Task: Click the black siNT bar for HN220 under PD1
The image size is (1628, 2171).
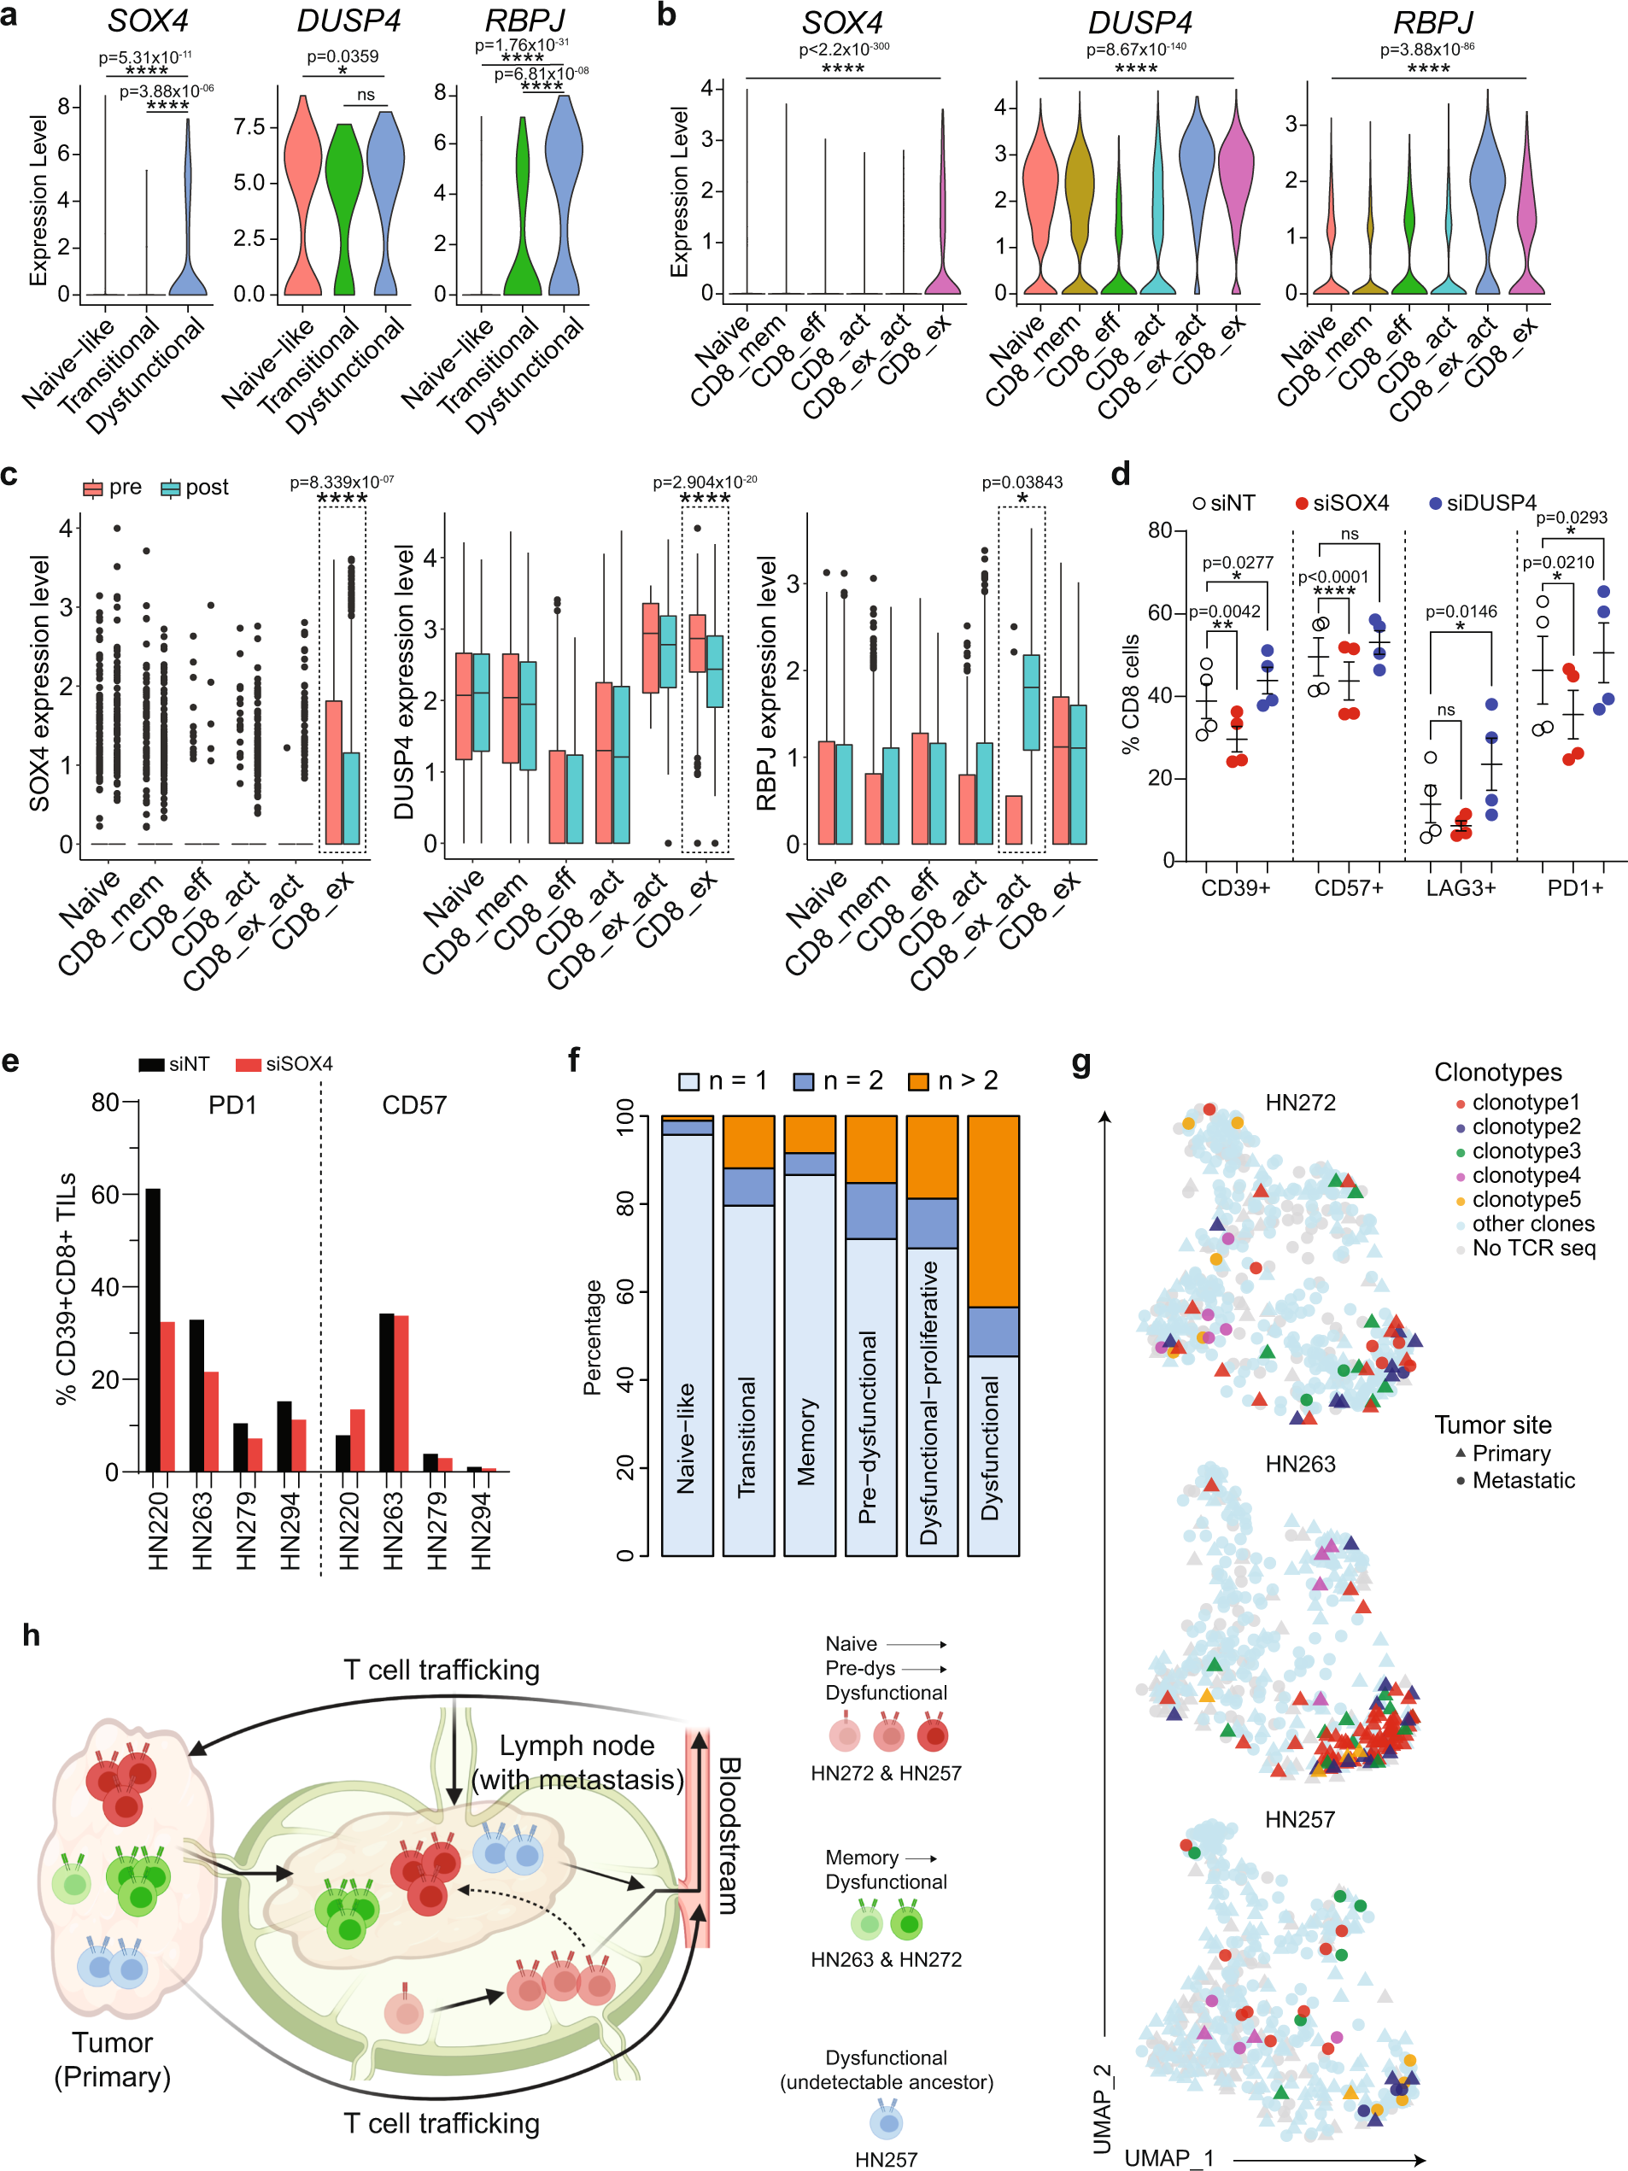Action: click(153, 1330)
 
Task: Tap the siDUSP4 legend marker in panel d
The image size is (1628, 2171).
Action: click(1436, 504)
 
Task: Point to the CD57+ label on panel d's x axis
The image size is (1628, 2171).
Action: click(1349, 888)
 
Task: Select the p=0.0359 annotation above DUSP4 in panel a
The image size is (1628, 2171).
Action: click(343, 56)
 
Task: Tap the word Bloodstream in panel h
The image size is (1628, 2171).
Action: click(728, 1835)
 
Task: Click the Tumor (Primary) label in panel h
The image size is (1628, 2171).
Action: click(112, 2059)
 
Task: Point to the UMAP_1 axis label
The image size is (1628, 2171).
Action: click(1168, 2157)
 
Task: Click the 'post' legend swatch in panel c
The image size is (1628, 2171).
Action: click(172, 488)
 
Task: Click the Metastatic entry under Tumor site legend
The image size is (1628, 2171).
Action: click(1522, 1480)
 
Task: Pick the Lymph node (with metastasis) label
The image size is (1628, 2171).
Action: click(577, 1763)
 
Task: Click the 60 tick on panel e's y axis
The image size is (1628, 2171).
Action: click(105, 1195)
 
